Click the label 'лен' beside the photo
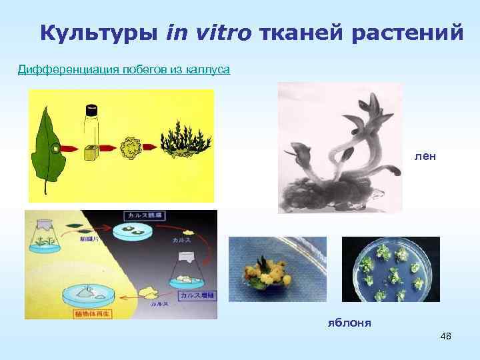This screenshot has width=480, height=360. pos(425,156)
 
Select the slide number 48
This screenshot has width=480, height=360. pos(445,336)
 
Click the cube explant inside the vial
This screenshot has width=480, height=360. pos(91,152)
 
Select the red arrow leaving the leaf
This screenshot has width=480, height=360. pos(72,147)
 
